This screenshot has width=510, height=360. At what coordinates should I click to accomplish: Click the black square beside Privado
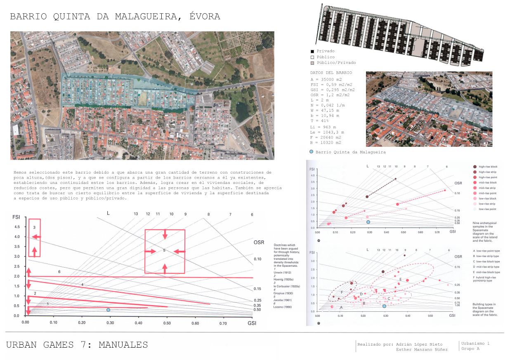(x=312, y=51)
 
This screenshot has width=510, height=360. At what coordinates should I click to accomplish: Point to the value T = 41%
(x=320, y=121)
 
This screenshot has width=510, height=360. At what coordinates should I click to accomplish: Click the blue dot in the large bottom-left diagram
(x=108, y=310)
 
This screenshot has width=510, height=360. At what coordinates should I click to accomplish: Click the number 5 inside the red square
(x=164, y=250)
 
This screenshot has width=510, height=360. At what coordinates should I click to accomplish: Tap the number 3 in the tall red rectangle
(x=34, y=227)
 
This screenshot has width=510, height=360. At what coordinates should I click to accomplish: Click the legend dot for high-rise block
(x=475, y=167)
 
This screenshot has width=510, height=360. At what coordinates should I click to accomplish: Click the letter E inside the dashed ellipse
(x=400, y=280)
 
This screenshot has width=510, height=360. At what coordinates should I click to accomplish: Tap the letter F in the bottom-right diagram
(x=342, y=292)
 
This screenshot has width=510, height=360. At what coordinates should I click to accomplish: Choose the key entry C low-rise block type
(x=486, y=261)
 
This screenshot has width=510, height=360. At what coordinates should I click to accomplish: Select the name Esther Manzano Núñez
(x=421, y=350)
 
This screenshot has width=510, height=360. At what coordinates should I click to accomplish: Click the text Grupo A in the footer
(x=470, y=349)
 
